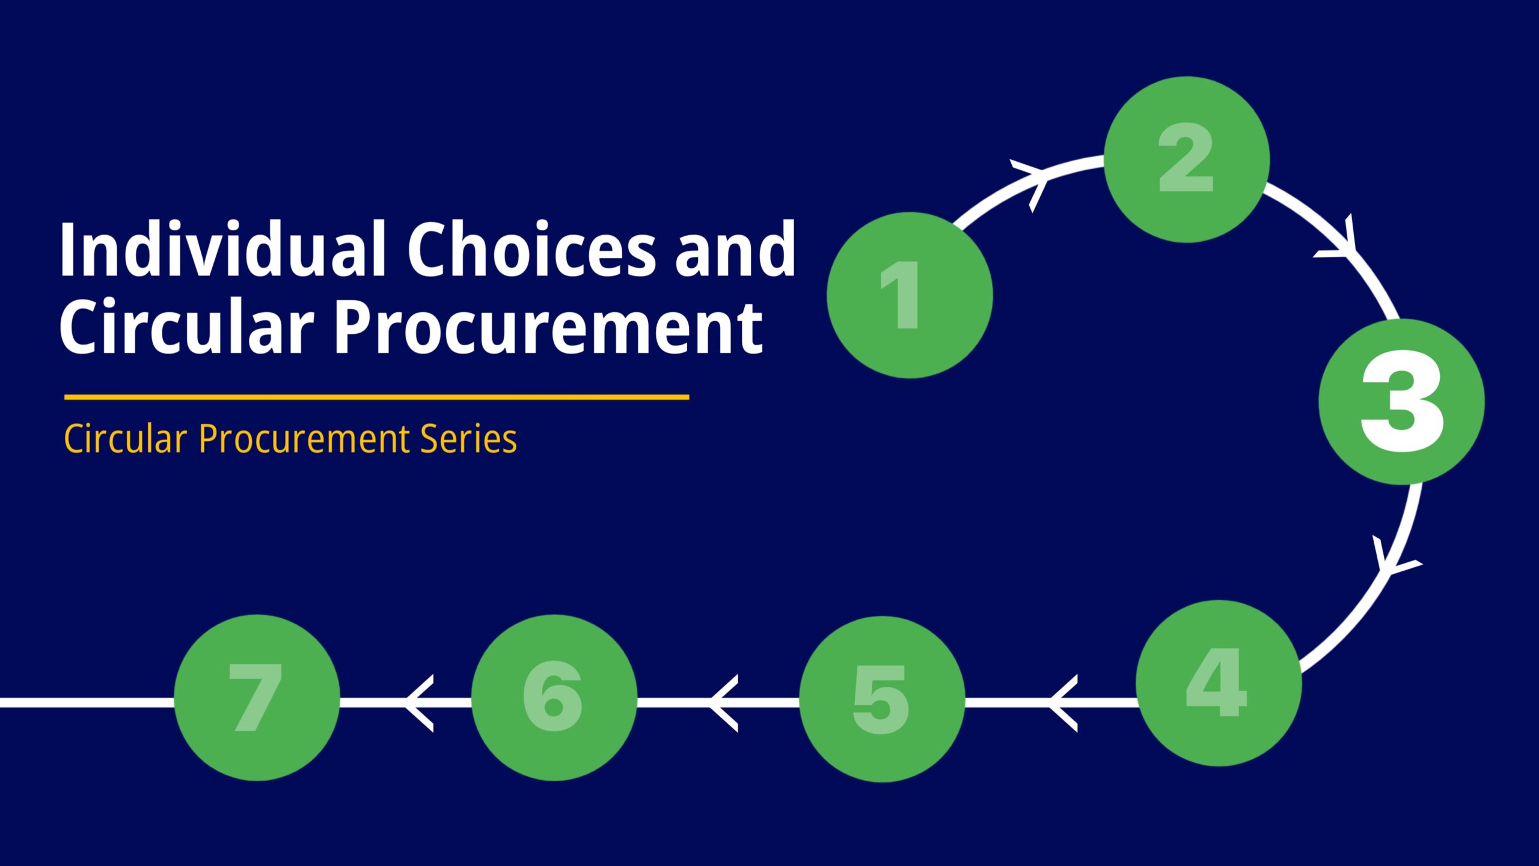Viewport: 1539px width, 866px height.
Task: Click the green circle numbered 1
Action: (910, 295)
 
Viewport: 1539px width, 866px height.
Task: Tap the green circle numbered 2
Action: (1187, 159)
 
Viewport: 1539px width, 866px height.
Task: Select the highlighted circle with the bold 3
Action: (1401, 402)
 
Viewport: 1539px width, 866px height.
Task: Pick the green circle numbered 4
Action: (1219, 683)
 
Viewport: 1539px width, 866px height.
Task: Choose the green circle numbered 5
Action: (882, 699)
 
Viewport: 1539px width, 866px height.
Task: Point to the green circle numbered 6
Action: (554, 698)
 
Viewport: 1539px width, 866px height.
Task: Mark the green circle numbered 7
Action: (257, 698)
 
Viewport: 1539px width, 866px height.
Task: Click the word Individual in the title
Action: (222, 248)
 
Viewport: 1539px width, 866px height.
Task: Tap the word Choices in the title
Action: (531, 248)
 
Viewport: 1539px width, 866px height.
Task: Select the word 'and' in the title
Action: (735, 248)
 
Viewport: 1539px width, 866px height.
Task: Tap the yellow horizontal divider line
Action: (376, 397)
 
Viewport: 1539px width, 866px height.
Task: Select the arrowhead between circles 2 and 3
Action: (1338, 238)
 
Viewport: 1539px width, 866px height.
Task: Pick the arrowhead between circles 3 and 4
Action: (1395, 556)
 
